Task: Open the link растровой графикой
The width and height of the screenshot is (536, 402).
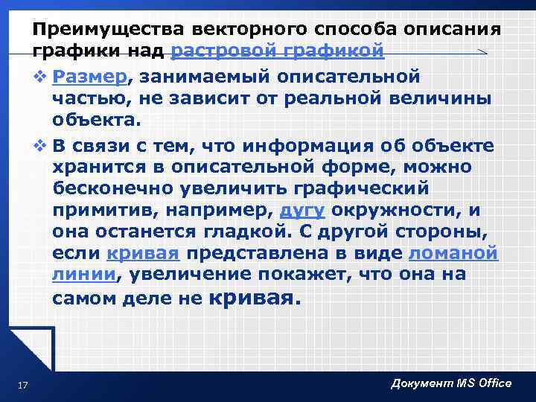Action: (278, 51)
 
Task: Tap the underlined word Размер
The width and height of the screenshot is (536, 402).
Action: (92, 77)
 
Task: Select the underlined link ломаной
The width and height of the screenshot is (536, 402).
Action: (453, 254)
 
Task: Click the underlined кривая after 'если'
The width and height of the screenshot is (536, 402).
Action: (144, 254)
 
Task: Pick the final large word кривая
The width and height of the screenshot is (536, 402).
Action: (254, 299)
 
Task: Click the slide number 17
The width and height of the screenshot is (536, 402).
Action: (22, 385)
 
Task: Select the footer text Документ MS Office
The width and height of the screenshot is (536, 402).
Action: (451, 383)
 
